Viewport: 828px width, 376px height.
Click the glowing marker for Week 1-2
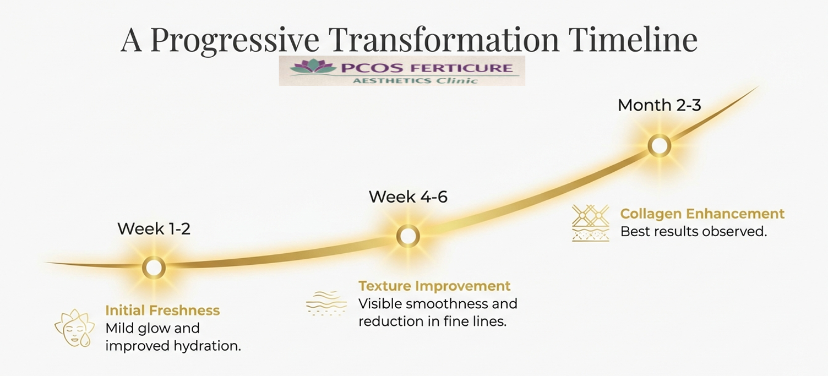[154, 268]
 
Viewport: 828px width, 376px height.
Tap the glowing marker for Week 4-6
[408, 236]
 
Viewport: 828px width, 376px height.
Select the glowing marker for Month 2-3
[659, 146]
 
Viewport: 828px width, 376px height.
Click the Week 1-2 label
[154, 228]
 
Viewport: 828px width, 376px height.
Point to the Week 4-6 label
[408, 197]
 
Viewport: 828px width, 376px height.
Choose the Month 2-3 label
[659, 105]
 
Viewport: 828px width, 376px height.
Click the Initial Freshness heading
[162, 310]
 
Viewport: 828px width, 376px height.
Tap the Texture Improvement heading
[434, 286]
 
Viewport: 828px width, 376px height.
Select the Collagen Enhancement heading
[702, 214]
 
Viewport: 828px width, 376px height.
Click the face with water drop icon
[75, 328]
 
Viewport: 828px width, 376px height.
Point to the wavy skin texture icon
[326, 303]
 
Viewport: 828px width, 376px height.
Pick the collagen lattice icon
[590, 223]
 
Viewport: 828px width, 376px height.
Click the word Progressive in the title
[235, 40]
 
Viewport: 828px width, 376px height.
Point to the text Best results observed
[693, 232]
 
